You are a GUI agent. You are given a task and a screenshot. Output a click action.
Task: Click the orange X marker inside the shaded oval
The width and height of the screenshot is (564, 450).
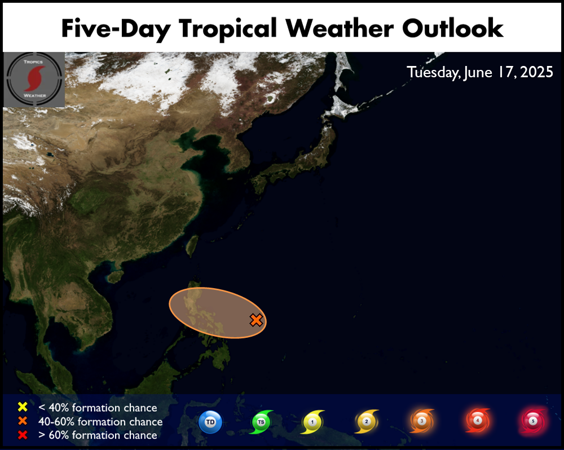(256, 320)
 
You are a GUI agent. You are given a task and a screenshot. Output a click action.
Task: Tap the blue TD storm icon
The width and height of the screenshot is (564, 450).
(210, 422)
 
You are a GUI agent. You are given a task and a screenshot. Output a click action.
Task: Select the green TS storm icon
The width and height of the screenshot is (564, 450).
(261, 422)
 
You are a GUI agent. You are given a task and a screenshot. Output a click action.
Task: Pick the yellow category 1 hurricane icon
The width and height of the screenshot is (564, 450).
(312, 422)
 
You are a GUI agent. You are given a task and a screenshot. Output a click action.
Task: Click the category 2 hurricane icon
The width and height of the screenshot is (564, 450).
(367, 421)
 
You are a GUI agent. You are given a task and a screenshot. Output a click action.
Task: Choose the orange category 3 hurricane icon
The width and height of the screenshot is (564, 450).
(422, 421)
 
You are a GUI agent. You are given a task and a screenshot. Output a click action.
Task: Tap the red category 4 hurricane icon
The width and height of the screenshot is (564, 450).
(478, 420)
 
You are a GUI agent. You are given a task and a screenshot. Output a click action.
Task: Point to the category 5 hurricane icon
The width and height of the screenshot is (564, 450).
(533, 421)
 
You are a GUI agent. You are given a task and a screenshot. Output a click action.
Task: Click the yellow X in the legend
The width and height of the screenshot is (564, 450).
(23, 407)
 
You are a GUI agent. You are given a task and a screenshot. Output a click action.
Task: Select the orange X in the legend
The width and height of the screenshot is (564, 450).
(23, 421)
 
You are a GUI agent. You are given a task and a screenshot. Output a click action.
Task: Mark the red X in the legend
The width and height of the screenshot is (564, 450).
(23, 435)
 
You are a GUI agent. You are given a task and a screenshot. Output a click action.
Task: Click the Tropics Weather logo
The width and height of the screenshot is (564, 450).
(34, 80)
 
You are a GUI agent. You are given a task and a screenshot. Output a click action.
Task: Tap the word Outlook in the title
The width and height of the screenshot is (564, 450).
(452, 28)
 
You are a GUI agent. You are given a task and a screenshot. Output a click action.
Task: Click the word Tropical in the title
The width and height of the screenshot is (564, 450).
(228, 29)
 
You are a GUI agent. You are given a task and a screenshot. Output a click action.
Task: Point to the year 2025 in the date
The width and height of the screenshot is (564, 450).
(537, 72)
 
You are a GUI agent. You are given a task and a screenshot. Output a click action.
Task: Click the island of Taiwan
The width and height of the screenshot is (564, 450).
(192, 246)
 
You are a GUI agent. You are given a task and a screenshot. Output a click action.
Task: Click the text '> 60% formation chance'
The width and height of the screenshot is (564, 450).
(98, 435)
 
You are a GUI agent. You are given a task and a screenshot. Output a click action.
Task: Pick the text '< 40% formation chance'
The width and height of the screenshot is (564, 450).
(98, 408)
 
